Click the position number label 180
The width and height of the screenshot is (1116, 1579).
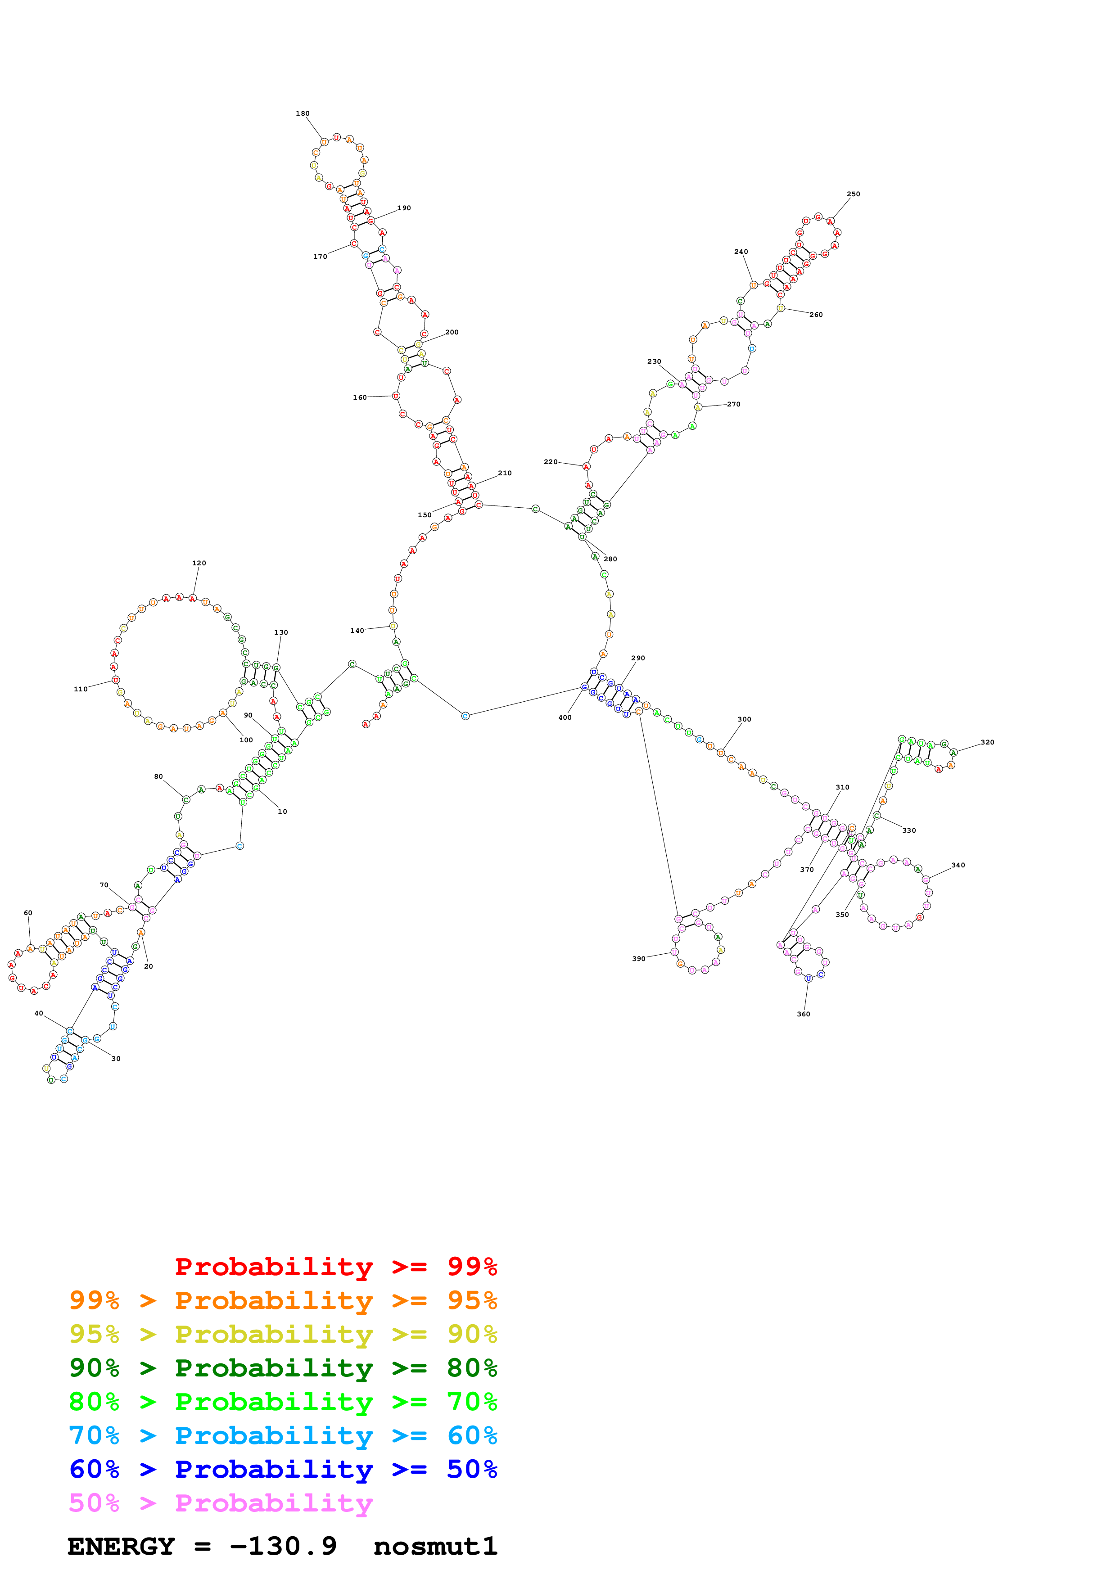(303, 113)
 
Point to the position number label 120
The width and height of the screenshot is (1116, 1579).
(199, 563)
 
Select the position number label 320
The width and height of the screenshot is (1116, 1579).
(987, 742)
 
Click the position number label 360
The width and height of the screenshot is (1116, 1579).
(803, 1014)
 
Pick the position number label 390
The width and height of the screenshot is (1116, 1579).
(639, 958)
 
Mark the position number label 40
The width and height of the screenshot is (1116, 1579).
(39, 1013)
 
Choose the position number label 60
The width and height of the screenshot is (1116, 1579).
(28, 912)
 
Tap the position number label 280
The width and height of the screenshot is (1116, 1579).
(610, 559)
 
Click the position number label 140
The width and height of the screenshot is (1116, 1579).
(357, 631)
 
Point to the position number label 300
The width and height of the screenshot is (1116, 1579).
(744, 719)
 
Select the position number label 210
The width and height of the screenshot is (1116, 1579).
(505, 473)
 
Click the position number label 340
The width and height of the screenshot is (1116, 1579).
(958, 865)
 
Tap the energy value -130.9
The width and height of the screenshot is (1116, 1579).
(283, 1546)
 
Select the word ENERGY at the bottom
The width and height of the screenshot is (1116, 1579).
(121, 1546)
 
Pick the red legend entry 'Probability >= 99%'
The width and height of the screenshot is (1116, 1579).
(335, 1266)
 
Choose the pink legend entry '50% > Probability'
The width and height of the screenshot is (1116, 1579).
(220, 1502)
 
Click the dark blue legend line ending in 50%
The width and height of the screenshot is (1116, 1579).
(283, 1469)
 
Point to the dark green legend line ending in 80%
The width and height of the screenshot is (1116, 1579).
(283, 1368)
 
